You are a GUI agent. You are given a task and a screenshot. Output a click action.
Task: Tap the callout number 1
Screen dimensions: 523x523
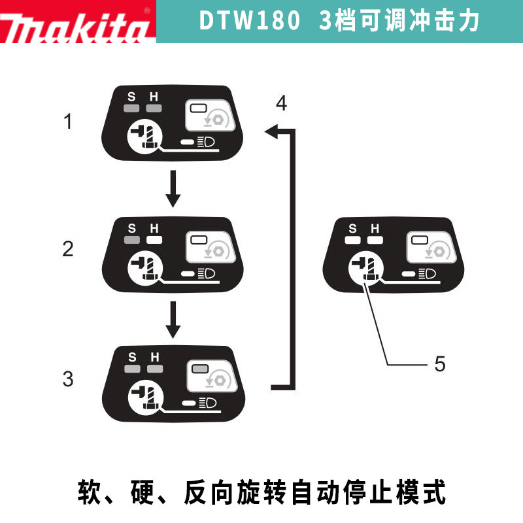coord(68,121)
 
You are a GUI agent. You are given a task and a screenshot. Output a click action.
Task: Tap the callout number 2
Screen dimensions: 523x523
coord(68,248)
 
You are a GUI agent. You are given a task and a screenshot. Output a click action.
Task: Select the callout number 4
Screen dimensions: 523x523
coord(281,103)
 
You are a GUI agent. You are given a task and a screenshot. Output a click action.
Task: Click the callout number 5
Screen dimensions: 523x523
coord(440,363)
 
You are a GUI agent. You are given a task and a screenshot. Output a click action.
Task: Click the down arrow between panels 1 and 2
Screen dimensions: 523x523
coord(173,190)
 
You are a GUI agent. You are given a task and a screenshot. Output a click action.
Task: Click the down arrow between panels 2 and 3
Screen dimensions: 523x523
coord(173,319)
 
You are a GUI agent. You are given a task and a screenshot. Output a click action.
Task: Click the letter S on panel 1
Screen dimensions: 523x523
coord(131,97)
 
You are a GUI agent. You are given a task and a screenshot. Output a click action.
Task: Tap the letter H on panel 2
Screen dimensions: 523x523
coord(154,228)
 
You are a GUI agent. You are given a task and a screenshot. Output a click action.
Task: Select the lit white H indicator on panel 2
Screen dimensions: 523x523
coord(154,240)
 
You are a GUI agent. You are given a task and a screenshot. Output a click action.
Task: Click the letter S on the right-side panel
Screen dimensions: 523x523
coord(353,228)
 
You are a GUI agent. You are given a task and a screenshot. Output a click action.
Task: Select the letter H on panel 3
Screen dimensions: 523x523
coord(154,357)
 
